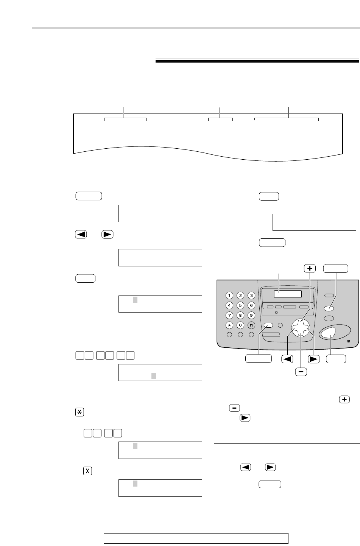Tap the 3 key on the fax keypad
251,296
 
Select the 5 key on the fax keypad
240,305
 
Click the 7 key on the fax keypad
229,315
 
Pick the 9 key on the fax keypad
251,315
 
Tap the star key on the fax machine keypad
229,325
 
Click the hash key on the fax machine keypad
251,325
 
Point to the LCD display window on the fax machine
288,294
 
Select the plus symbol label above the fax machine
310,268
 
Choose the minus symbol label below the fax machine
301,372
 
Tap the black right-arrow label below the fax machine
314,359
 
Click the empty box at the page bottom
196,538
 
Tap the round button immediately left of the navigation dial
281,325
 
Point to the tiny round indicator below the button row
276,313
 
